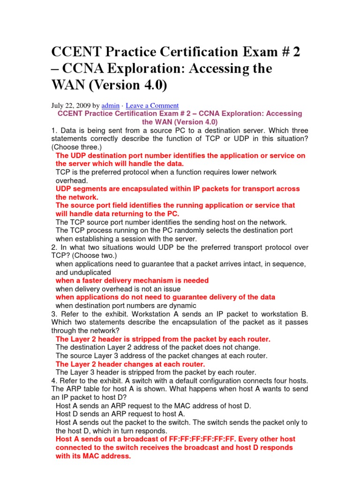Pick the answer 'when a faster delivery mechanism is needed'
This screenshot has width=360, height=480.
pos(132,280)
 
